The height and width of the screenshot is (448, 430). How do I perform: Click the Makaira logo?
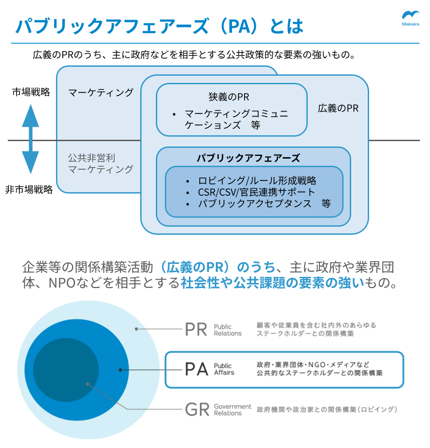click(411, 18)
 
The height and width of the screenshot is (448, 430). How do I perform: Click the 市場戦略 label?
click(31, 92)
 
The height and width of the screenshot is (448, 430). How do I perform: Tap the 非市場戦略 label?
click(29, 190)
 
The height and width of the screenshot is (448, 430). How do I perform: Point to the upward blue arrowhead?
click(30, 116)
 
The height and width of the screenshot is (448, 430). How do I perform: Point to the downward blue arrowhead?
click(30, 162)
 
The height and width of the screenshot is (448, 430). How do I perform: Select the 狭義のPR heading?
click(229, 97)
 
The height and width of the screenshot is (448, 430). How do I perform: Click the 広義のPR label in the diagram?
click(338, 108)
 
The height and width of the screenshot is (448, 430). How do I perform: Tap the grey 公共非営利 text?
click(91, 158)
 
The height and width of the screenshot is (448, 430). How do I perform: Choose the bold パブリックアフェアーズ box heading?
click(248, 158)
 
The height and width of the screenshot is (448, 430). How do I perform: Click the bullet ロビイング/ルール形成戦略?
click(257, 181)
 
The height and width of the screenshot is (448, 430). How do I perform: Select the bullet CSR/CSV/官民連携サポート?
click(256, 192)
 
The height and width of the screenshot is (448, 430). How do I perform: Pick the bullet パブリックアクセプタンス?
click(255, 203)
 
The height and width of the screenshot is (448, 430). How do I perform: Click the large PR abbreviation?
click(196, 329)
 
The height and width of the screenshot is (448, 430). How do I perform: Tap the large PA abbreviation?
click(197, 369)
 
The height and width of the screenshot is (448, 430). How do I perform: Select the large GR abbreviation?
click(197, 409)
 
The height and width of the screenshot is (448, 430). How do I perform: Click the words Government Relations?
click(232, 409)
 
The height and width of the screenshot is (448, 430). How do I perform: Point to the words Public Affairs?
click(224, 369)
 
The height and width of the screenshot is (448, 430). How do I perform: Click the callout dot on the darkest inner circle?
click(87, 384)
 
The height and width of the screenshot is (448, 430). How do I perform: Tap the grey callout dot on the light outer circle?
click(137, 329)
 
